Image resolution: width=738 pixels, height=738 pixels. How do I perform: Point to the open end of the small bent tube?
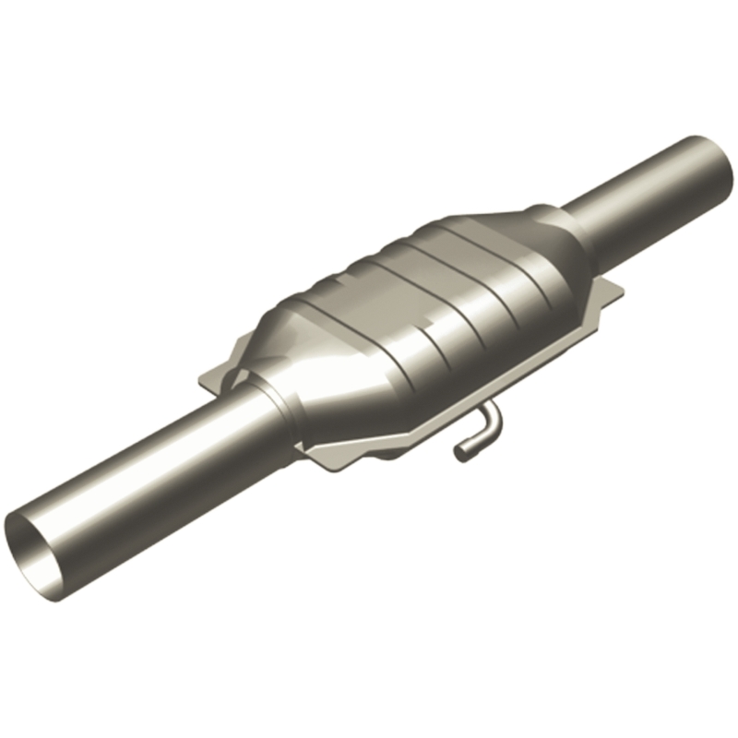coord(460,451)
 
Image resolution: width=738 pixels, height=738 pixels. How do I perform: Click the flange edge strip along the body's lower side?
coord(517,369)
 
